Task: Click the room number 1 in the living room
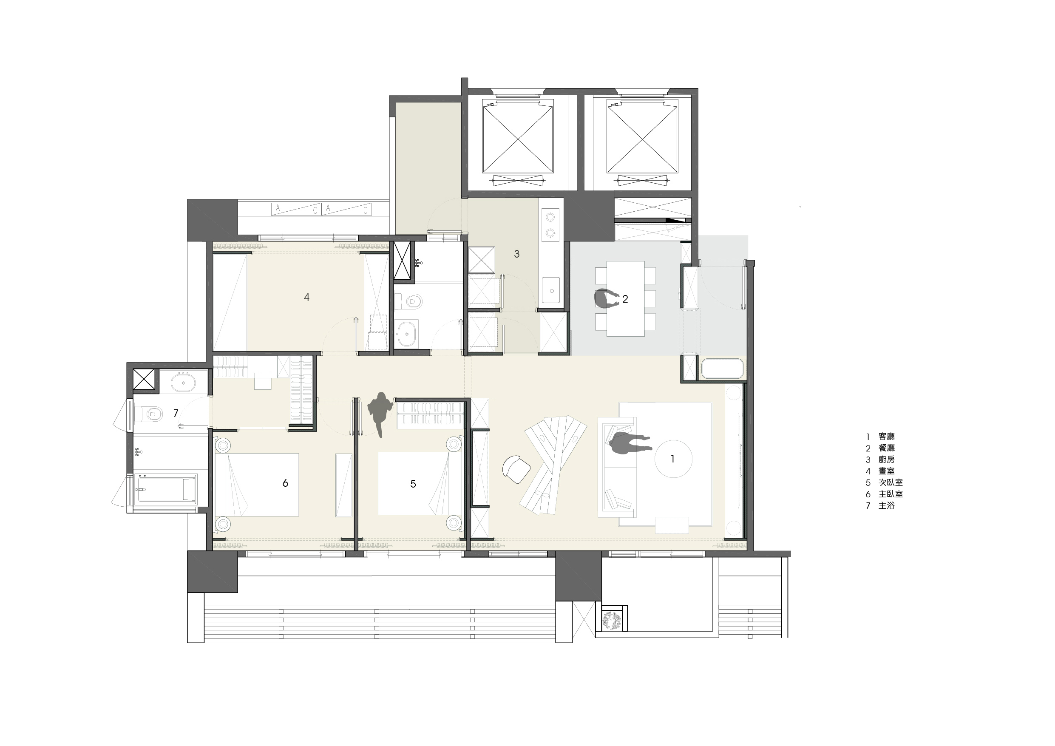(x=672, y=459)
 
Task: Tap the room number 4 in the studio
(x=306, y=298)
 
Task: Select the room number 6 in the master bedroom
(x=285, y=483)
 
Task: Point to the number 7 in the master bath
(x=176, y=414)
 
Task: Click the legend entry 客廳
(x=886, y=436)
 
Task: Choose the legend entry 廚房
(x=886, y=459)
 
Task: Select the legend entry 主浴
(x=886, y=505)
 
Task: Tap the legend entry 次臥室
(x=891, y=482)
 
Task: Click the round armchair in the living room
(x=516, y=469)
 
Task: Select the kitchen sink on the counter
(x=551, y=290)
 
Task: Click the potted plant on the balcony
(x=612, y=621)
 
